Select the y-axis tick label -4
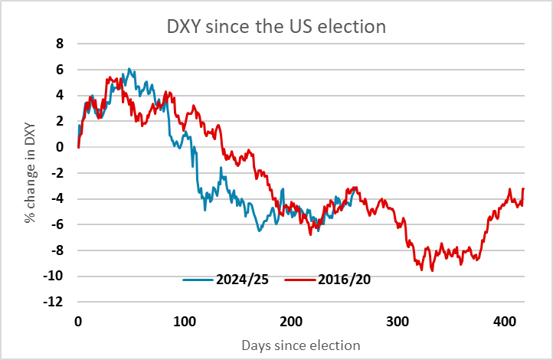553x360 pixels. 56,199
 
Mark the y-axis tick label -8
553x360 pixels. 56,250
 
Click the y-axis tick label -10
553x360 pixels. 53,277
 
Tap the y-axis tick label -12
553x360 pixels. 53,303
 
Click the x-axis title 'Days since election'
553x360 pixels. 301,345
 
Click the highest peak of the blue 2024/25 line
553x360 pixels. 129,69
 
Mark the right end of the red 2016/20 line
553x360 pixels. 523,188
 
